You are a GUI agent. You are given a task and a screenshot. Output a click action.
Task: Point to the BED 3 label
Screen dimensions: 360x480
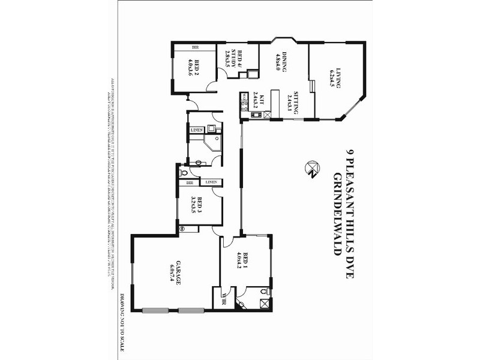coord(199,206)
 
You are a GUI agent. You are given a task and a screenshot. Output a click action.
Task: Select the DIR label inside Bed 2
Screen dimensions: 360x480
coord(195,47)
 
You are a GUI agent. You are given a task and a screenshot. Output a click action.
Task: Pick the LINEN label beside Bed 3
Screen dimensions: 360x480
coord(211,182)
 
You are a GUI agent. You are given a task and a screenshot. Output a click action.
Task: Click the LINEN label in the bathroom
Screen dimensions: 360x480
coord(197,130)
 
